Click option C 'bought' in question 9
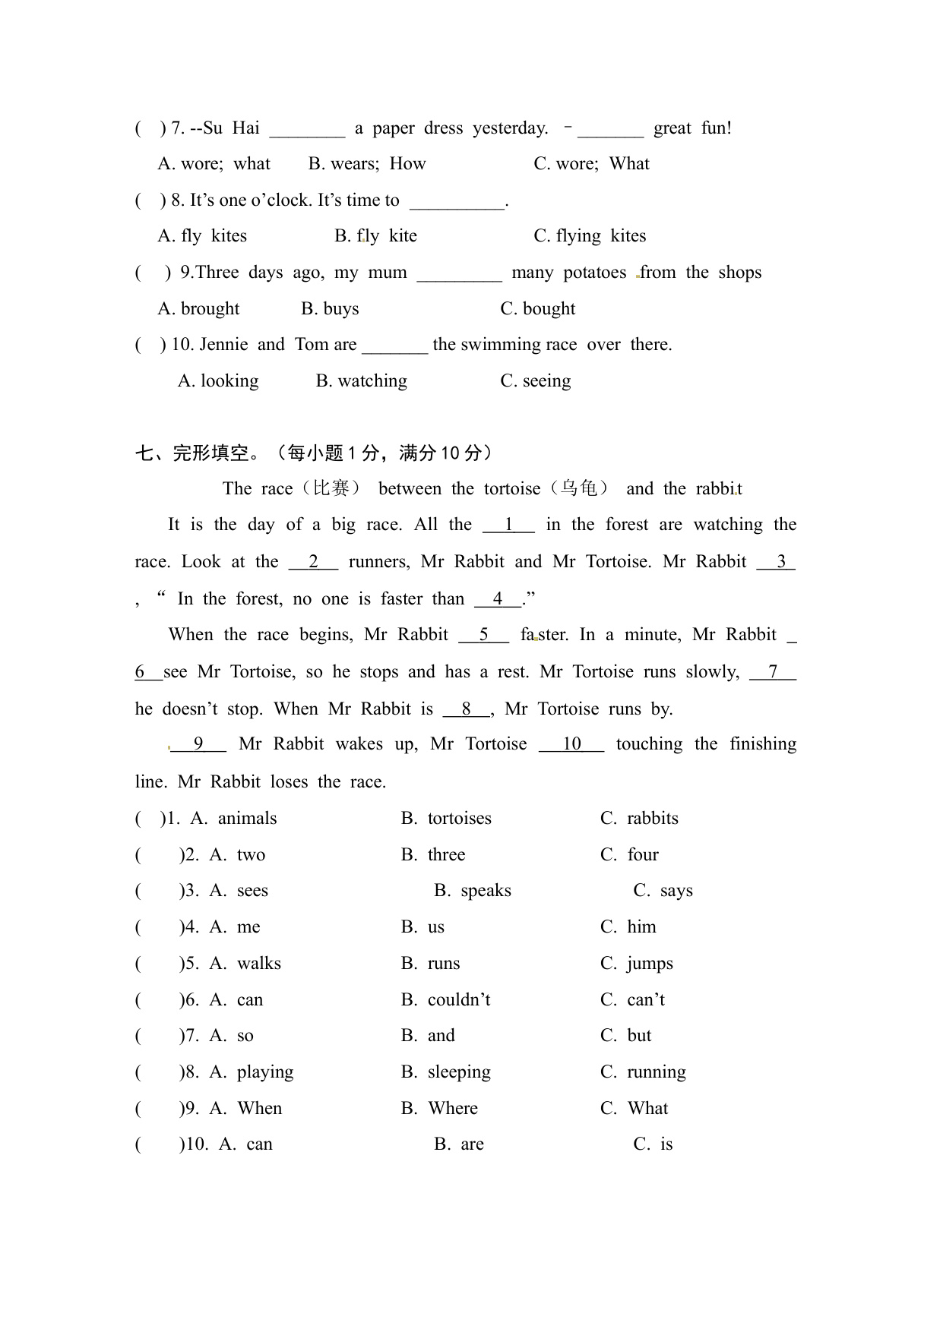click(x=537, y=309)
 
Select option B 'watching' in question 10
click(x=362, y=381)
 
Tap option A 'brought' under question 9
click(x=198, y=309)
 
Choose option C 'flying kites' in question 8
click(x=590, y=236)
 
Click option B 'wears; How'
click(x=367, y=164)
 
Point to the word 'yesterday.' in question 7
click(x=510, y=128)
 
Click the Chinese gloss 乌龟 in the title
click(x=579, y=488)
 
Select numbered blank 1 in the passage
click(x=508, y=525)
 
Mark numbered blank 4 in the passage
click(x=498, y=599)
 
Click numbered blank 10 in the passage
click(x=571, y=744)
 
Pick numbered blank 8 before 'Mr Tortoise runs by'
click(x=467, y=709)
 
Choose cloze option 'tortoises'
click(x=459, y=819)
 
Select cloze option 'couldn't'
click(x=459, y=1000)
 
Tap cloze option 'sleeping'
click(x=459, y=1072)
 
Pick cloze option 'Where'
click(x=453, y=1109)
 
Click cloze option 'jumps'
click(x=650, y=964)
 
